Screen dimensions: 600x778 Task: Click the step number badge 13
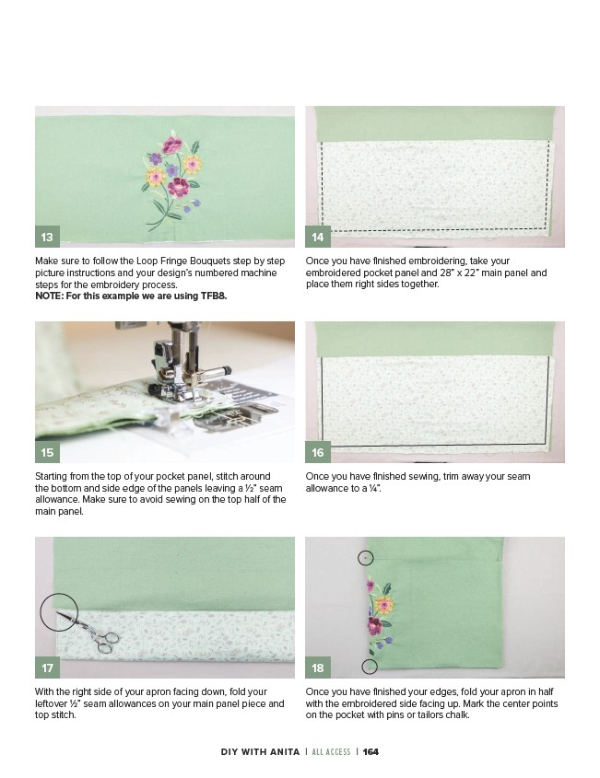(47, 237)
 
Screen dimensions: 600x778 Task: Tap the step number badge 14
(317, 237)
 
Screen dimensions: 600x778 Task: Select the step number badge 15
(47, 452)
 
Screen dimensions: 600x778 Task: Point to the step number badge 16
(317, 452)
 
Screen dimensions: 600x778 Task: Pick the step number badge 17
(47, 668)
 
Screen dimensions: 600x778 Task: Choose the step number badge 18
(317, 668)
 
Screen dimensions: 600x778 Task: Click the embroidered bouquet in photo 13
(171, 180)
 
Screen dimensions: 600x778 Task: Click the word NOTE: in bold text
(49, 296)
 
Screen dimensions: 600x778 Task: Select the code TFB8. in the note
(214, 296)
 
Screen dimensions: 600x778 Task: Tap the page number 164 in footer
(371, 751)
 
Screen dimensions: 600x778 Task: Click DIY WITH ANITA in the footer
(260, 751)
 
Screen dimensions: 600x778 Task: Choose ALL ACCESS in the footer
(331, 751)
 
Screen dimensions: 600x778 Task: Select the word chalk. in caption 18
(456, 715)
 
